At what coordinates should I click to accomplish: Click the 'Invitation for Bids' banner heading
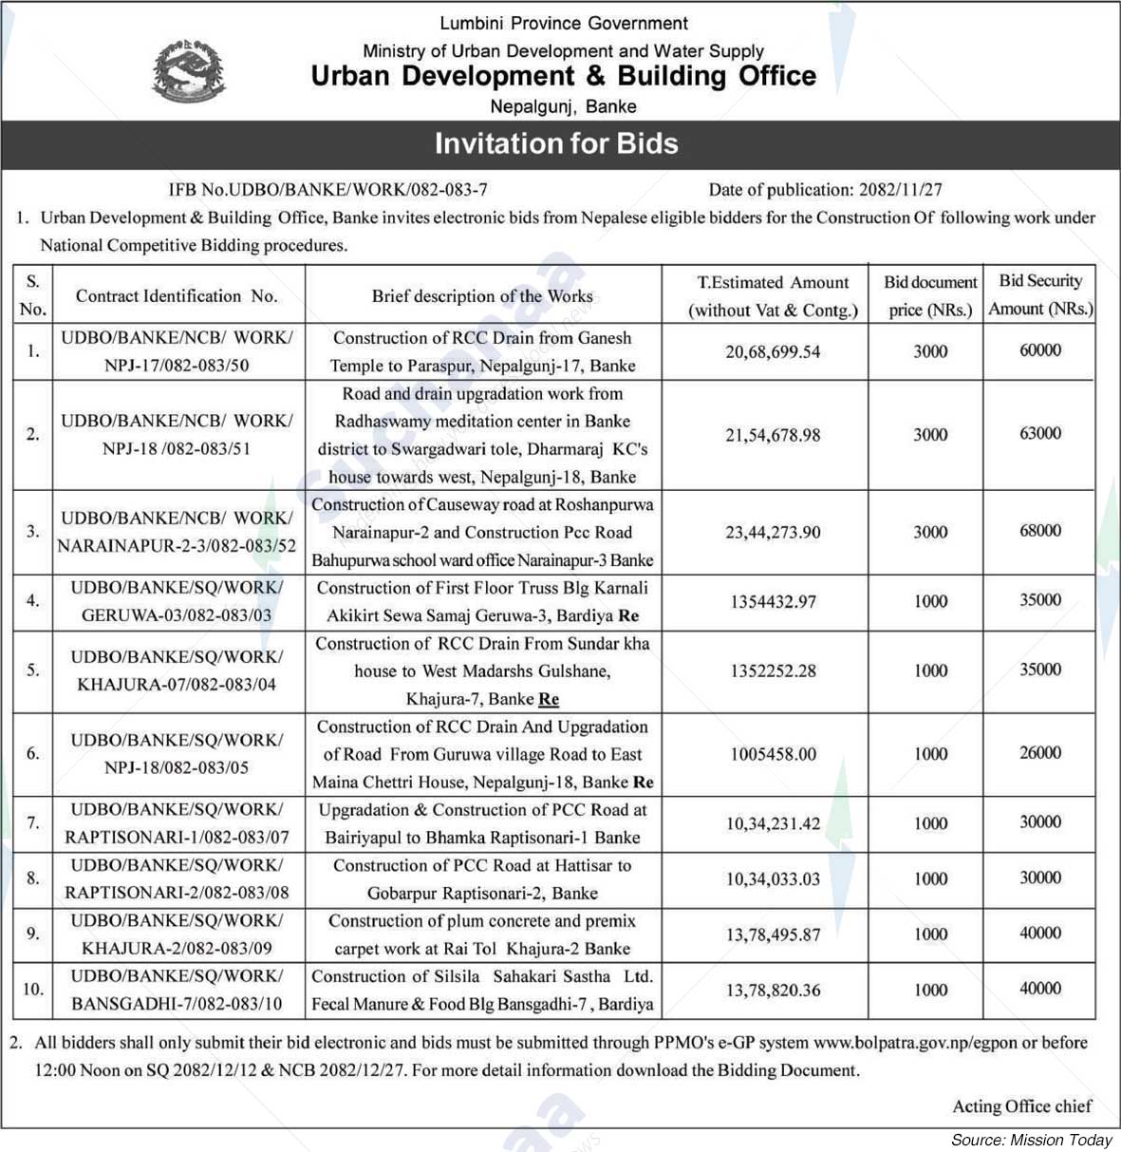pyautogui.click(x=556, y=143)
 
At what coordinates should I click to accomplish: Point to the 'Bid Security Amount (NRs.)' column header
pyautogui.click(x=1040, y=294)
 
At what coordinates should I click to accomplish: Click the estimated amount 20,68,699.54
pyautogui.click(x=773, y=352)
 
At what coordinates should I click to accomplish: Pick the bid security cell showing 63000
pyautogui.click(x=1040, y=434)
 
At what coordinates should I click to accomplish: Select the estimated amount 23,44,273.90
pyautogui.click(x=773, y=533)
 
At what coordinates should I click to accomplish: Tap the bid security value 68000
pyautogui.click(x=1040, y=531)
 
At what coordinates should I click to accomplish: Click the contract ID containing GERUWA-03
pyautogui.click(x=177, y=601)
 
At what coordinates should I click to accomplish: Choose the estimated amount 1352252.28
pyautogui.click(x=773, y=670)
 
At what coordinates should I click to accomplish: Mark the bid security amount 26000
pyautogui.click(x=1040, y=752)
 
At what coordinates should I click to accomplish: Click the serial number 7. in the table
pyautogui.click(x=33, y=823)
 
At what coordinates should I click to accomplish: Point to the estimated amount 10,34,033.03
pyautogui.click(x=773, y=879)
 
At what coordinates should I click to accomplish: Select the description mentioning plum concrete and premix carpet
pyautogui.click(x=482, y=935)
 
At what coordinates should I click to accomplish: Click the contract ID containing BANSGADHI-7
pyautogui.click(x=177, y=990)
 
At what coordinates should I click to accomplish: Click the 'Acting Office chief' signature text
pyautogui.click(x=1021, y=1106)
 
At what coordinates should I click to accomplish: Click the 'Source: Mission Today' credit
pyautogui.click(x=1031, y=1140)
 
